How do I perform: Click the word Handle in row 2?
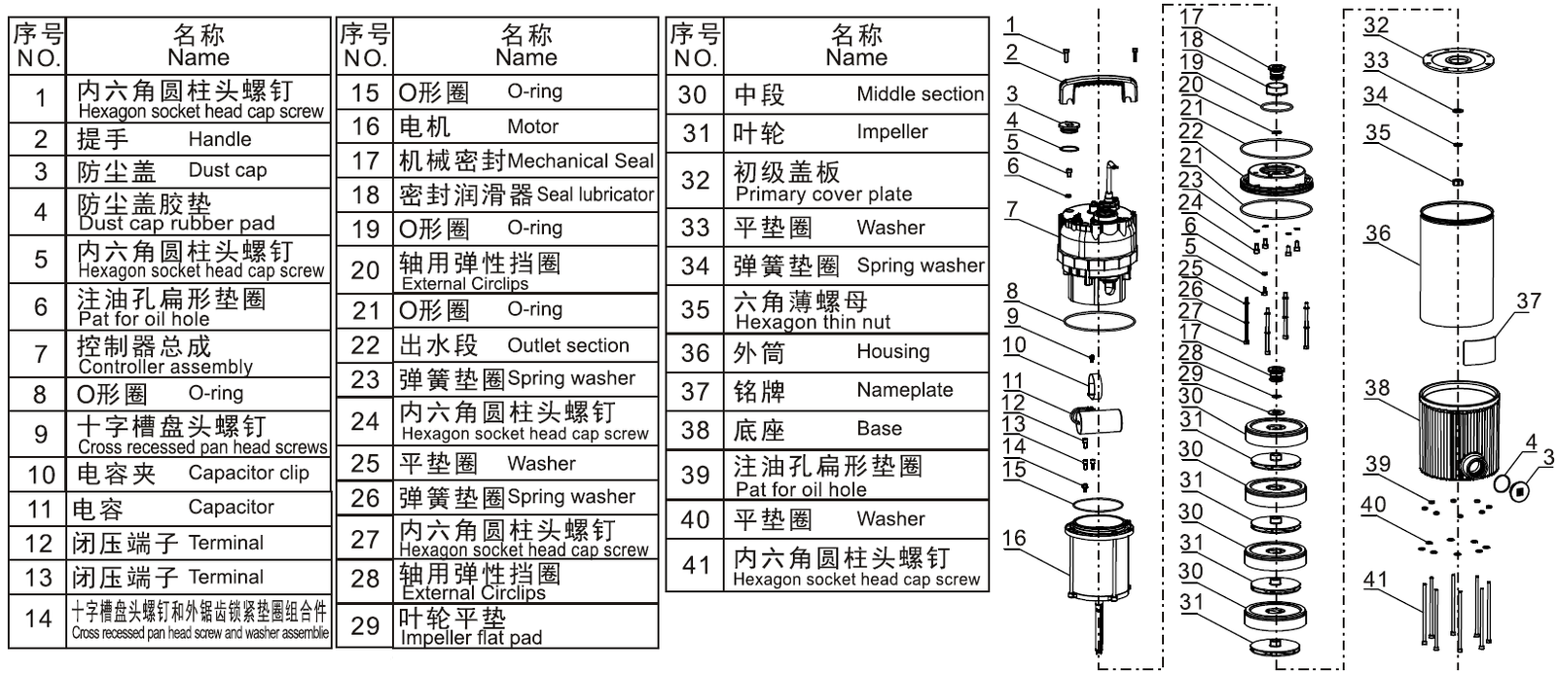point(219,139)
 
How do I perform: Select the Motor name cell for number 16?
point(532,126)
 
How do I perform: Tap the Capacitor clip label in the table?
point(248,474)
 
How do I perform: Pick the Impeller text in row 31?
point(891,132)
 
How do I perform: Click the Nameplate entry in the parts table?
point(904,390)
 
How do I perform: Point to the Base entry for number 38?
point(879,429)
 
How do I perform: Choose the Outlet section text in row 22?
point(567,345)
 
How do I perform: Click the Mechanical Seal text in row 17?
point(580,161)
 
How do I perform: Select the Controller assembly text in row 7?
point(165,367)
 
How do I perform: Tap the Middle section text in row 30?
point(920,94)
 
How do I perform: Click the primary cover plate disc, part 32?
point(1456,60)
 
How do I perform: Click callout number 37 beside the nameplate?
point(1528,301)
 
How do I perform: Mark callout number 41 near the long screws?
point(1375,580)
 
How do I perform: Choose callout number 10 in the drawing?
point(1014,344)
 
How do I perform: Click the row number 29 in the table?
point(366,625)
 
